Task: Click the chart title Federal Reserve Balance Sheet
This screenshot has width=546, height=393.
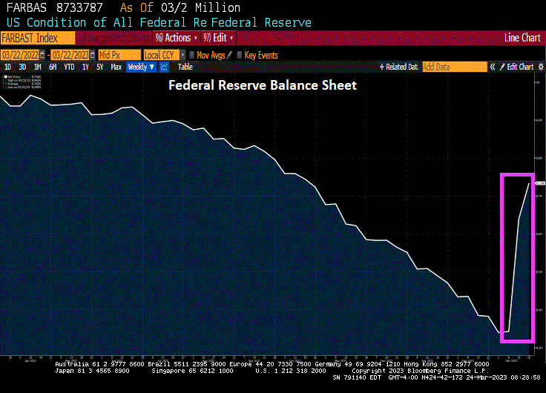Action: [x=263, y=85]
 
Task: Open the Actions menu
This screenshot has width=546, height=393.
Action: [x=177, y=37]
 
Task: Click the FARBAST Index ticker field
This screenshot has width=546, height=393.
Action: [x=37, y=37]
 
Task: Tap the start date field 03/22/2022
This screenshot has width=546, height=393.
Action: [x=20, y=54]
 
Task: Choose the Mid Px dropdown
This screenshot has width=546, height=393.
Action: [x=119, y=54]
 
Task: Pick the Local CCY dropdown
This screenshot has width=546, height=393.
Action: [x=162, y=54]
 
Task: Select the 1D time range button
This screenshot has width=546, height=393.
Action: [x=8, y=67]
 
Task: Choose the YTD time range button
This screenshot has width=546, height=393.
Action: [x=69, y=67]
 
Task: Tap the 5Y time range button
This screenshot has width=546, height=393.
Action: [x=100, y=67]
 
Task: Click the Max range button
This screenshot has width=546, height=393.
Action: [x=116, y=67]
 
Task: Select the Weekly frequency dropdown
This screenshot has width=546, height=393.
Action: [x=141, y=67]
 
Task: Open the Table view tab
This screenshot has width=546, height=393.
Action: [x=185, y=67]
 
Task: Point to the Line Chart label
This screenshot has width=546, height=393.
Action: [x=522, y=37]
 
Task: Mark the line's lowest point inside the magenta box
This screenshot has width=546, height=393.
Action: [x=504, y=332]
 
